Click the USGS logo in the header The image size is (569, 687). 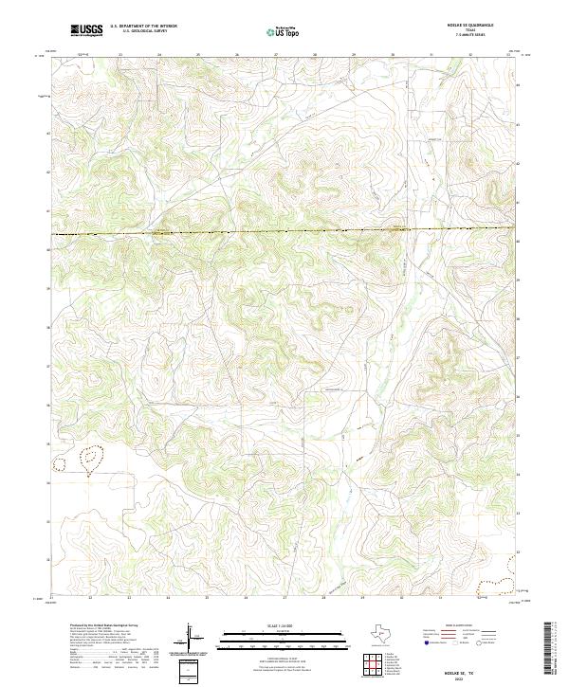(x=85, y=31)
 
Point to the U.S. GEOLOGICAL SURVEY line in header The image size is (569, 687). (x=138, y=32)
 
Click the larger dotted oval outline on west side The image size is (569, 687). (x=92, y=461)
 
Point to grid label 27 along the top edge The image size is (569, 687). (x=275, y=55)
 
